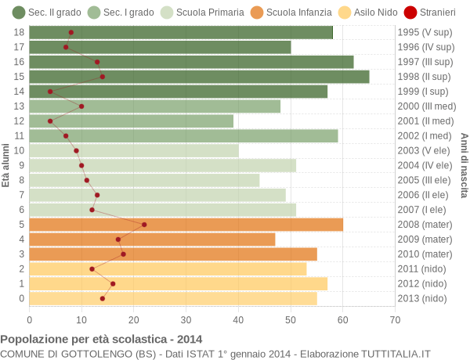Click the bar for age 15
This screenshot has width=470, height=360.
[x=199, y=77]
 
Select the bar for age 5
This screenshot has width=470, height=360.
[x=186, y=225]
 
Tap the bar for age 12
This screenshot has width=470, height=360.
[x=132, y=121]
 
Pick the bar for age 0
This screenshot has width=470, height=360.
[x=173, y=298]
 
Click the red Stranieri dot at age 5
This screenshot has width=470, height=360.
[x=144, y=225]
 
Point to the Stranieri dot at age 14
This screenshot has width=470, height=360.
[x=50, y=92]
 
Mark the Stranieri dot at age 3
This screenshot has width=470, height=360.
[x=123, y=254]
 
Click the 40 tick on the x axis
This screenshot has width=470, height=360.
[x=238, y=319]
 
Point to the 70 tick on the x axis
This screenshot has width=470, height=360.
[x=395, y=319]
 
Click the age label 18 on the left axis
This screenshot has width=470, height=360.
[x=20, y=32]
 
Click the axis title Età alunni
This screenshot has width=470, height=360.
[x=6, y=165]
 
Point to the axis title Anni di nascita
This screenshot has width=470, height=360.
[x=464, y=165]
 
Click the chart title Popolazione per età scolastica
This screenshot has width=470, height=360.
[x=101, y=340]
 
